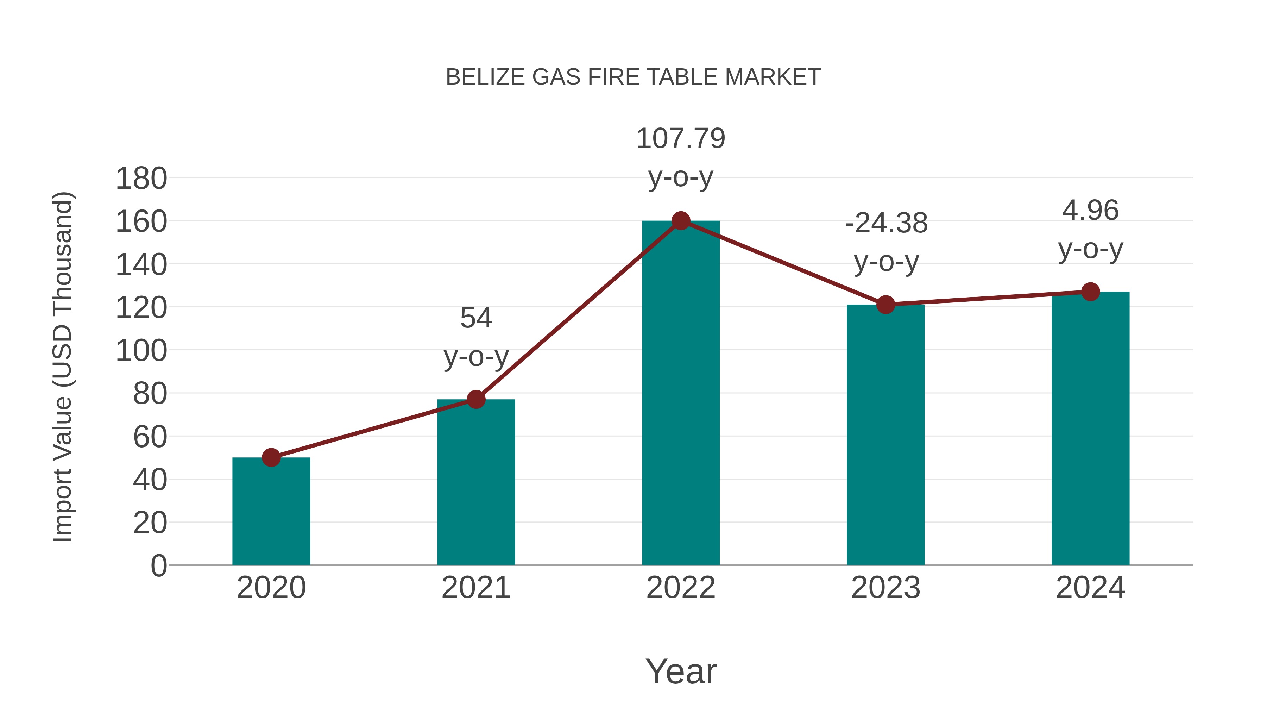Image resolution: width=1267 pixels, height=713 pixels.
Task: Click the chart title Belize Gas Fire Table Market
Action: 633,77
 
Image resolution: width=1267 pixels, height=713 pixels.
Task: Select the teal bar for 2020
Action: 271,512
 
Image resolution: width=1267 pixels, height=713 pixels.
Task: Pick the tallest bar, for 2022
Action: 680,394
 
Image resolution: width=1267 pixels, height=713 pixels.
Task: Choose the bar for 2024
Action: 1090,428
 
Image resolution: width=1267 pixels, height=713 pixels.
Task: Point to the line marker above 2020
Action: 271,458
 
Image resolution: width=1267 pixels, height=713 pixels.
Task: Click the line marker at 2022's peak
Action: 680,221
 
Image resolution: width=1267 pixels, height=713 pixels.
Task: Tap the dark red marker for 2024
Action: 1090,292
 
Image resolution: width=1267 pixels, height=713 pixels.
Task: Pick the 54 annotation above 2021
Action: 475,318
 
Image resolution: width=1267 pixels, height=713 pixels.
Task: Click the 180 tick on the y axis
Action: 141,179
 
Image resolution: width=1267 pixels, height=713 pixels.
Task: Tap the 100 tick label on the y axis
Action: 141,351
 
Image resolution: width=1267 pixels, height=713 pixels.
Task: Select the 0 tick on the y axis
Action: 158,566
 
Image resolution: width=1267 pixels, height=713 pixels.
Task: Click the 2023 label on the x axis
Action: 885,588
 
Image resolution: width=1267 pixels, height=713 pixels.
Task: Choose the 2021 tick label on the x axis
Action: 475,588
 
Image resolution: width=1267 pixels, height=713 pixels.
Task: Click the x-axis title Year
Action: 681,672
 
